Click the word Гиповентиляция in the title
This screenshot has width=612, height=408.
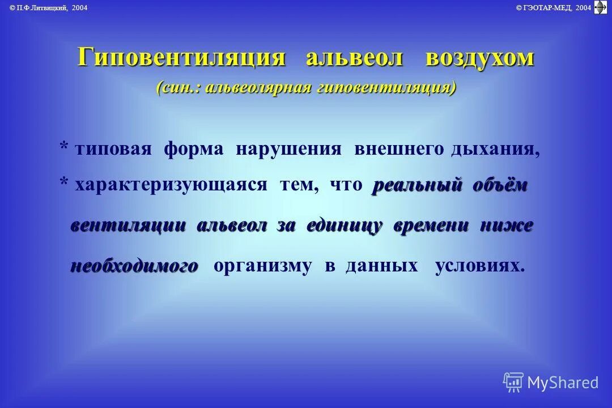[x=181, y=57]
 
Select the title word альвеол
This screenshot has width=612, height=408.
[x=355, y=57]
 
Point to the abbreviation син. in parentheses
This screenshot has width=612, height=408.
[x=177, y=88]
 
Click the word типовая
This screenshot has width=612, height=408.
[x=113, y=149]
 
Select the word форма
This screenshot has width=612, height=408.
[x=194, y=149]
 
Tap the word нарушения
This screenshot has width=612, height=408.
[x=289, y=149]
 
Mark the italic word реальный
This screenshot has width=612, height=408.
[x=416, y=185]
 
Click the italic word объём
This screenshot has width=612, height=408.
[x=500, y=185]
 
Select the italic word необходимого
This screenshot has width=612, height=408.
[x=134, y=266]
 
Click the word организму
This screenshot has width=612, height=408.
[x=262, y=266]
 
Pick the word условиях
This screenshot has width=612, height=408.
[x=479, y=266]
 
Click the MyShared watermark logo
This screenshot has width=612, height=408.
[x=550, y=382]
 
